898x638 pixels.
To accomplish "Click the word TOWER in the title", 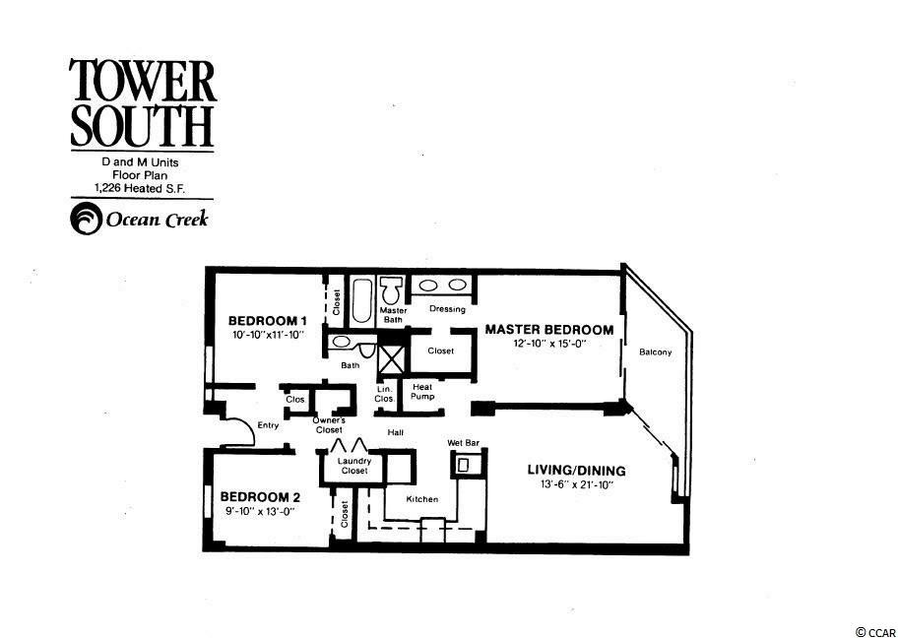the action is [x=143, y=82].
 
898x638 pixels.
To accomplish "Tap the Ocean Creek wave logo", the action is [x=86, y=219].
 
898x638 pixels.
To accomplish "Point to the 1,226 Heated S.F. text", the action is [x=141, y=187].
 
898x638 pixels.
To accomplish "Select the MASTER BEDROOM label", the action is [x=549, y=330].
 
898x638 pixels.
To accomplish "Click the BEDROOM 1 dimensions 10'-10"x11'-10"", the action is [x=268, y=335].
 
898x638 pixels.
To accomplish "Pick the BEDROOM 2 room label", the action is [x=261, y=496].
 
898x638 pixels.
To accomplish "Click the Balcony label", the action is [x=655, y=352].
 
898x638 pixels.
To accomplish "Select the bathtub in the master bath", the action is [x=361, y=300].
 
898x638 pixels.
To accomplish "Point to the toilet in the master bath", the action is [x=391, y=290].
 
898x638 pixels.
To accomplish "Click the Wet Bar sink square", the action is [x=462, y=465].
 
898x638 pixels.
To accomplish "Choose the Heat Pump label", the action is [x=422, y=392].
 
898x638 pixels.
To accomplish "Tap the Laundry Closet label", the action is [x=353, y=466].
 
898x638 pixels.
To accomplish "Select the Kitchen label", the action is [x=422, y=499].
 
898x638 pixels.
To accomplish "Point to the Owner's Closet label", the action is [x=329, y=424].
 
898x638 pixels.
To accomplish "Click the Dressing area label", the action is [x=447, y=309].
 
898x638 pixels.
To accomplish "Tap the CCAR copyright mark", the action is [x=875, y=632].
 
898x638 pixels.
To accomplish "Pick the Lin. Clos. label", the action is [x=385, y=394].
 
